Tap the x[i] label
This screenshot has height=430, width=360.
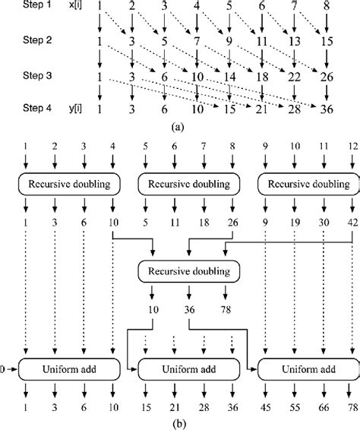[x=68, y=6]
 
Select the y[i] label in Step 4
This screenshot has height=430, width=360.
[x=68, y=110]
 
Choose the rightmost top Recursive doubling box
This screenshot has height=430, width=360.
[x=304, y=184]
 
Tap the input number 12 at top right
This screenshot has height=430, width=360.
[x=349, y=144]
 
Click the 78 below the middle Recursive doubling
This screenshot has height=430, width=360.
[x=225, y=310]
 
